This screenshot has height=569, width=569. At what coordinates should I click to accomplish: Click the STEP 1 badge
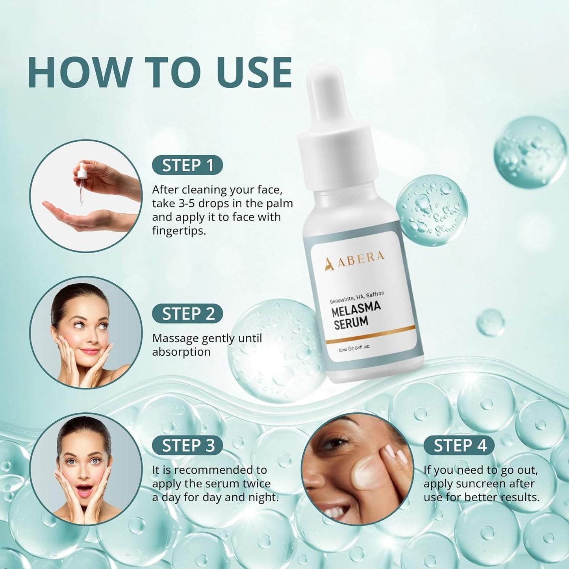[x=187, y=165]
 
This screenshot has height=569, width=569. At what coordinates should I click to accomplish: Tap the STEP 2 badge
[x=187, y=314]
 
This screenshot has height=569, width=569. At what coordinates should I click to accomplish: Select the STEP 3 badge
[x=187, y=445]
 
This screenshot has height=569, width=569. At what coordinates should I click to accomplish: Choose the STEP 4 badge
[x=459, y=445]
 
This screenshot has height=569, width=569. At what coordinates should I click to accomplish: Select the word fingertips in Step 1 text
[x=179, y=231]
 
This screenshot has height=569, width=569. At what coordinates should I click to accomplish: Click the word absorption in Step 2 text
[x=181, y=352]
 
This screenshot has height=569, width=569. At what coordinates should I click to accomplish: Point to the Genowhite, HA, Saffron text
[x=357, y=297]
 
